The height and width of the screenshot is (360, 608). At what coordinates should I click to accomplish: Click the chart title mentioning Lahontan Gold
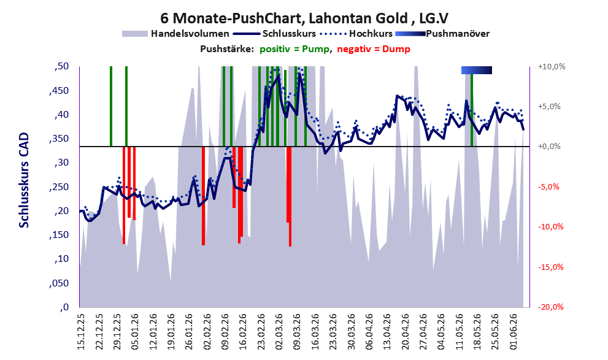pyautogui.click(x=304, y=18)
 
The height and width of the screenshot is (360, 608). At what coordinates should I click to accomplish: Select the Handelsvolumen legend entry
pyautogui.click(x=175, y=34)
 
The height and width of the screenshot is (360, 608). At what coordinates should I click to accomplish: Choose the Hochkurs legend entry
pyautogui.click(x=356, y=34)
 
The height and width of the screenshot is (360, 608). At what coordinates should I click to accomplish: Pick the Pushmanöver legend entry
pyautogui.click(x=442, y=34)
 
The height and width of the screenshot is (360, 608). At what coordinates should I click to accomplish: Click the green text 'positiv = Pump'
pyautogui.click(x=294, y=49)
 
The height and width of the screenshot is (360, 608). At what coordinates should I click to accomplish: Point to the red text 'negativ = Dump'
pyautogui.click(x=374, y=49)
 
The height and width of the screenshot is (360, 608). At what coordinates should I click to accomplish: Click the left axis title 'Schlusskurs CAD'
pyautogui.click(x=24, y=180)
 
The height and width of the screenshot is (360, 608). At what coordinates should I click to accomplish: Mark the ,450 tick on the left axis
pyautogui.click(x=60, y=91)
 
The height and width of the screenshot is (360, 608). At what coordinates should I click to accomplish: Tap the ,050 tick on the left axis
pyautogui.click(x=60, y=283)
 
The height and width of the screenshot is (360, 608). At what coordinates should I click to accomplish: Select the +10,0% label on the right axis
pyautogui.click(x=552, y=67)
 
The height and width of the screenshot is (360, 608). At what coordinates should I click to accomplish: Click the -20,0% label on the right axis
pyautogui.click(x=551, y=307)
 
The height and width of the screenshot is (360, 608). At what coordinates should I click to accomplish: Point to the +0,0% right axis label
pyautogui.click(x=550, y=147)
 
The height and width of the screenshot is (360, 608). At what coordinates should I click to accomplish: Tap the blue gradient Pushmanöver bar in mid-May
pyautogui.click(x=477, y=70)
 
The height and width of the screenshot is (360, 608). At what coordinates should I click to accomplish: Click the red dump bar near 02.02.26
pyautogui.click(x=203, y=196)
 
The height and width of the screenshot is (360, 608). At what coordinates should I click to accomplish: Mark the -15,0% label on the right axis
pyautogui.click(x=551, y=267)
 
